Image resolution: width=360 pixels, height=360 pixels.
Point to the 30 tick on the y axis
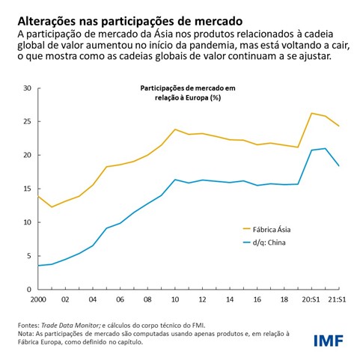[27, 88]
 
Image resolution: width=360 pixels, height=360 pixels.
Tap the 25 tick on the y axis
[27, 122]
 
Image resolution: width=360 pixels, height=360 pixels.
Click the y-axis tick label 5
[29, 256]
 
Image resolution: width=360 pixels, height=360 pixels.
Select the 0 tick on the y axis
[29, 290]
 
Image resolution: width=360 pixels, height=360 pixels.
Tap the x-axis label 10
[175, 300]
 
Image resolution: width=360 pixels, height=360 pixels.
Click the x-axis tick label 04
[93, 300]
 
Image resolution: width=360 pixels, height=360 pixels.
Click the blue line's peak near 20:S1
[324, 148]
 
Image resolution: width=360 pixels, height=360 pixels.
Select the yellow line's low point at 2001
[51, 207]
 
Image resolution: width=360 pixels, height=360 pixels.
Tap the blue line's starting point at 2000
[37, 265]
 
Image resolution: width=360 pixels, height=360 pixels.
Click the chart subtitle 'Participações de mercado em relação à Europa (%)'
[187, 93]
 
